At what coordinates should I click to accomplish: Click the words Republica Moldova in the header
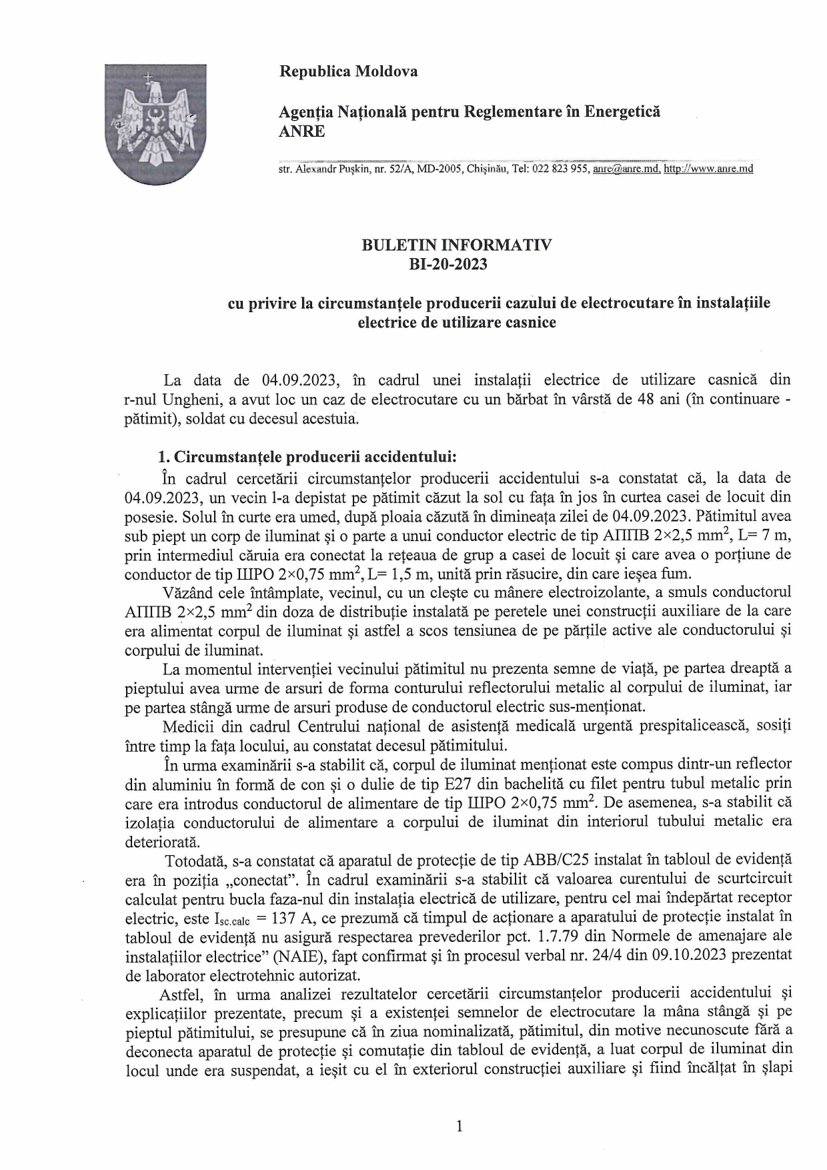click(348, 71)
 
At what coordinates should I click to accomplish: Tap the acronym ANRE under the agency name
click(301, 131)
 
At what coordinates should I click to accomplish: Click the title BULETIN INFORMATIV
click(456, 245)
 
